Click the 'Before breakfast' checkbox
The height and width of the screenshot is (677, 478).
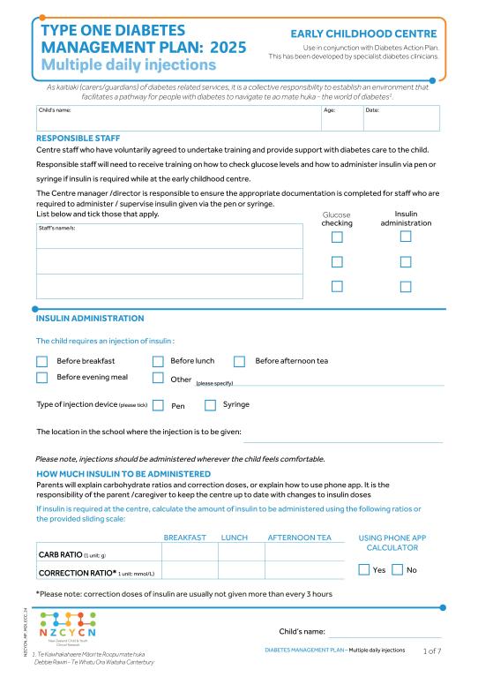click(41, 361)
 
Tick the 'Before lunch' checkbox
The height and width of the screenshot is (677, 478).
click(158, 361)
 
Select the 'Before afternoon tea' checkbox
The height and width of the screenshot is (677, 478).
click(239, 361)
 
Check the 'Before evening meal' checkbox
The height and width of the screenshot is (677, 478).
click(41, 378)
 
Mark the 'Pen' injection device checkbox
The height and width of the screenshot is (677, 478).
click(158, 405)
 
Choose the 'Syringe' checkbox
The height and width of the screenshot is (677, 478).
click(210, 405)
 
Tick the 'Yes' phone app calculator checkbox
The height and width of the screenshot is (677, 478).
click(364, 570)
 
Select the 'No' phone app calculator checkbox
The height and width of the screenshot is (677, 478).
click(397, 570)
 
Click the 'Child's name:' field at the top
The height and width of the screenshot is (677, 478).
click(176, 117)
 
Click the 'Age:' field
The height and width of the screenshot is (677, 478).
click(340, 117)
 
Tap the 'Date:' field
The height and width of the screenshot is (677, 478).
click(400, 117)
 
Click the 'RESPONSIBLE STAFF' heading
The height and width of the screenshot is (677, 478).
click(78, 139)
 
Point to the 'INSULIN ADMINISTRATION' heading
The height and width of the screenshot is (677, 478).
click(89, 318)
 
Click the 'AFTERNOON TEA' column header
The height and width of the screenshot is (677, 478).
click(299, 537)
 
